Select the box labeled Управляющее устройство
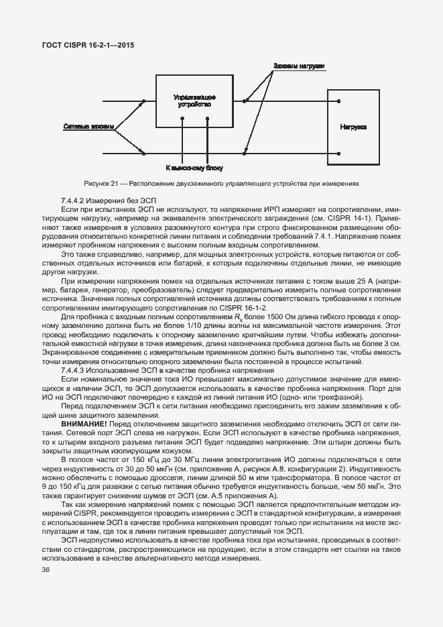coord(194,101)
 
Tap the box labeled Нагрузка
coord(353,127)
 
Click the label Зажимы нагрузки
coord(299,66)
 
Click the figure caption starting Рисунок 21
coord(221,182)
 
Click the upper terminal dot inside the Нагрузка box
coord(339,102)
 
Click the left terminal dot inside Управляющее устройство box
coord(182,120)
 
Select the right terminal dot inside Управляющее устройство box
coord(208,120)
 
